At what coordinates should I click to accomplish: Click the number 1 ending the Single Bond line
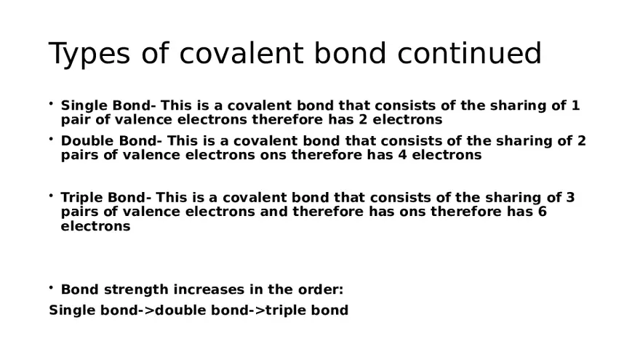pyautogui.click(x=576, y=105)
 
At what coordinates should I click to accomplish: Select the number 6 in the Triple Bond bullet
pyautogui.click(x=543, y=212)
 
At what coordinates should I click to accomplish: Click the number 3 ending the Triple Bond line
pyautogui.click(x=570, y=198)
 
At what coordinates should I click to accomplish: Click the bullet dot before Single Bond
pyautogui.click(x=52, y=104)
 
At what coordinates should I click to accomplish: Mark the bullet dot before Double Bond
pyautogui.click(x=52, y=139)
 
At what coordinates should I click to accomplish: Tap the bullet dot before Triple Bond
pyautogui.click(x=52, y=196)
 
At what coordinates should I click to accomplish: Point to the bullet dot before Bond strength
pyautogui.click(x=52, y=288)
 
